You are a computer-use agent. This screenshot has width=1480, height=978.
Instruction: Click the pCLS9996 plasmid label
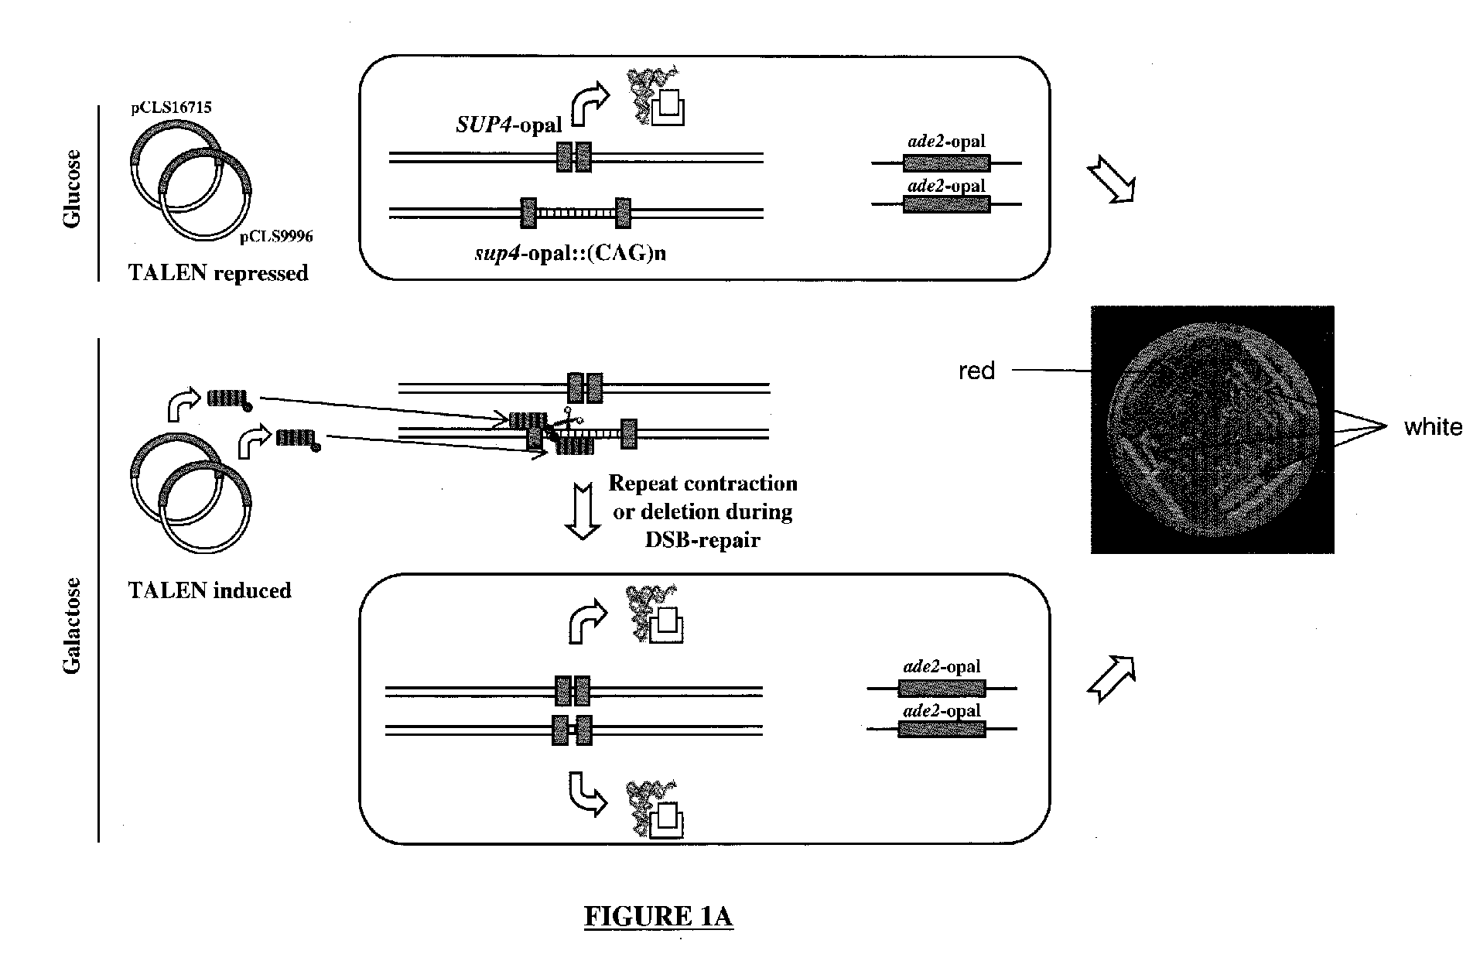coord(276,237)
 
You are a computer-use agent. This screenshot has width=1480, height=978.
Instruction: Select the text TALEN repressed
coord(219,273)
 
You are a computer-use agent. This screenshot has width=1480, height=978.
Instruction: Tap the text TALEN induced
coord(210,590)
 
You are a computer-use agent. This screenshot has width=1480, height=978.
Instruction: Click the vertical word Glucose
coord(72,188)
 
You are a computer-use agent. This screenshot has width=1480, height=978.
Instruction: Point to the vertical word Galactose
coord(72,625)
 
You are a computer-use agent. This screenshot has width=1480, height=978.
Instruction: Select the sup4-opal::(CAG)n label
coord(570,252)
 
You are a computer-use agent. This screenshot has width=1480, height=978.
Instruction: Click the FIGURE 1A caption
coord(658,917)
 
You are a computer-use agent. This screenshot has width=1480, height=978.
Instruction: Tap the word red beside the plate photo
coord(976,371)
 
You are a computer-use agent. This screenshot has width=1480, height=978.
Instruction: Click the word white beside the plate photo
coord(1433,427)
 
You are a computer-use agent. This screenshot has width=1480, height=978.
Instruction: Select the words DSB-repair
coord(702,539)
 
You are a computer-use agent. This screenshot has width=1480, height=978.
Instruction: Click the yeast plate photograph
coord(1212,429)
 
